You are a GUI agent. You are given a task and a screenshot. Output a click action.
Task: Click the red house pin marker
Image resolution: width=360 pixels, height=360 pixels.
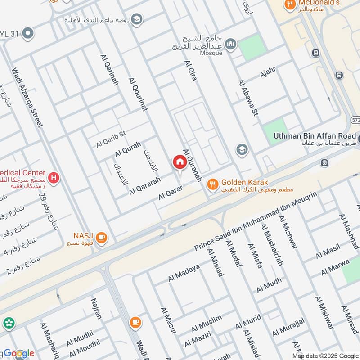(179, 162)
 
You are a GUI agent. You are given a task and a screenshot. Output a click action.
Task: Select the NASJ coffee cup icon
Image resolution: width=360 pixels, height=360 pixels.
(102, 237)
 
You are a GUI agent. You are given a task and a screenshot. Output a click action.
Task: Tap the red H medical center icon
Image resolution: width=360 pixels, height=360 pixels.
(54, 178)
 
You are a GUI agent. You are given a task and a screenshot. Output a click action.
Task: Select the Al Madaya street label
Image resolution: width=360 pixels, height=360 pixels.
(184, 273)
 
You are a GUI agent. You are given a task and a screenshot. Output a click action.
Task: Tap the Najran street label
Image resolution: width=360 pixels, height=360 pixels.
(96, 308)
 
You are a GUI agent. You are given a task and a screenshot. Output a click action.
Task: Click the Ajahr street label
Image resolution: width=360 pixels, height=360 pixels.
(267, 72)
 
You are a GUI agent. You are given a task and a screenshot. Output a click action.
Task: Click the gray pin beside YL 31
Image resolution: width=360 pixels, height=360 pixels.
(27, 33)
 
